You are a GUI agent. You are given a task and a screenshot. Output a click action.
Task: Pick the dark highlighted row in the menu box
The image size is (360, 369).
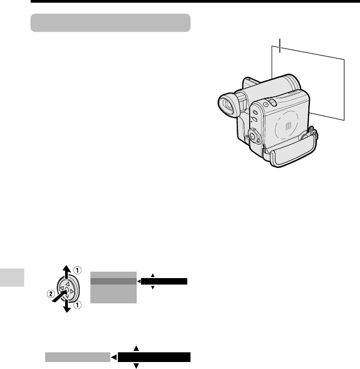pyautogui.click(x=114, y=280)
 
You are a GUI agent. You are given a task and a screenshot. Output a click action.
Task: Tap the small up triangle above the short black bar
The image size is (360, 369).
pyautogui.click(x=153, y=275)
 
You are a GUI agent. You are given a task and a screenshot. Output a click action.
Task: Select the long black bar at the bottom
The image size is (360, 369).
pyautogui.click(x=154, y=357)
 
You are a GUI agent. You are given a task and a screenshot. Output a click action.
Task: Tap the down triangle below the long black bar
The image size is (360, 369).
pyautogui.click(x=136, y=366)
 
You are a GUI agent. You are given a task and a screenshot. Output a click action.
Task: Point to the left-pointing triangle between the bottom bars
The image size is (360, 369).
pyautogui.click(x=114, y=357)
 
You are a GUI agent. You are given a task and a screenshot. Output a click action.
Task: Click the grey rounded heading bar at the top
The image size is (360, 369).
pyautogui.click(x=111, y=23)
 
